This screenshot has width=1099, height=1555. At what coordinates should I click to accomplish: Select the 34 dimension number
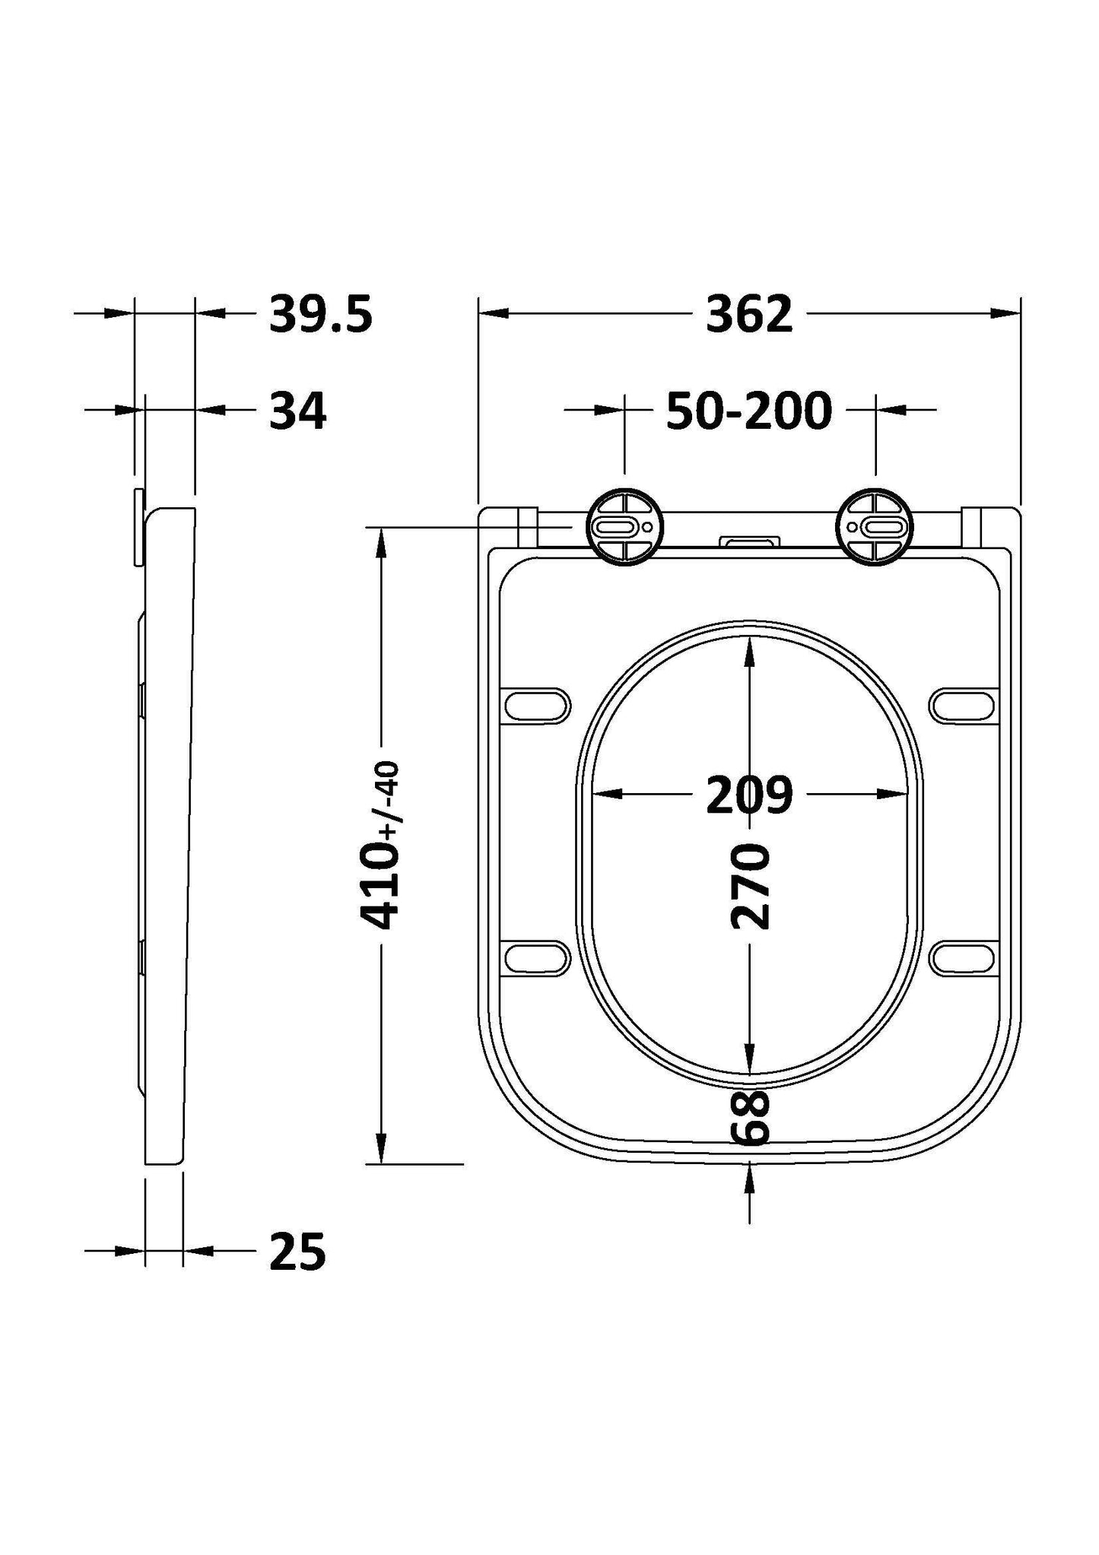[298, 411]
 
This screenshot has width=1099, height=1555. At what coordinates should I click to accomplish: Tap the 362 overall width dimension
[749, 314]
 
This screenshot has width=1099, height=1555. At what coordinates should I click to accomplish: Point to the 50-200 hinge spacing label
[749, 411]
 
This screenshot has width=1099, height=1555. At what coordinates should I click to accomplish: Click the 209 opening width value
[749, 795]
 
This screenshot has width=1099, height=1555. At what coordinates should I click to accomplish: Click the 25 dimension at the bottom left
[298, 1252]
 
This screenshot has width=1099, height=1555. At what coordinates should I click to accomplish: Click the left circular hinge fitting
[624, 527]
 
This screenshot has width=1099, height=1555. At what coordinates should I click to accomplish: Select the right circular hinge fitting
[875, 527]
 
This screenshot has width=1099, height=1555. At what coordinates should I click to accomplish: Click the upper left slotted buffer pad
[537, 705]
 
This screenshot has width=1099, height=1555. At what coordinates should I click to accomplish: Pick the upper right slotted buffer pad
[963, 705]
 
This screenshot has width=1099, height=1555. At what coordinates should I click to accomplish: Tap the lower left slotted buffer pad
[537, 957]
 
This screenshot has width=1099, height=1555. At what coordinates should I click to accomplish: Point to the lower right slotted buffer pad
[963, 957]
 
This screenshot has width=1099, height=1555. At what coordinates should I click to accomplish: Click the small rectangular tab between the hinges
[750, 541]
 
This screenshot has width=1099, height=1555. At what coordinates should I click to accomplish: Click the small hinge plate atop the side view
[138, 527]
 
